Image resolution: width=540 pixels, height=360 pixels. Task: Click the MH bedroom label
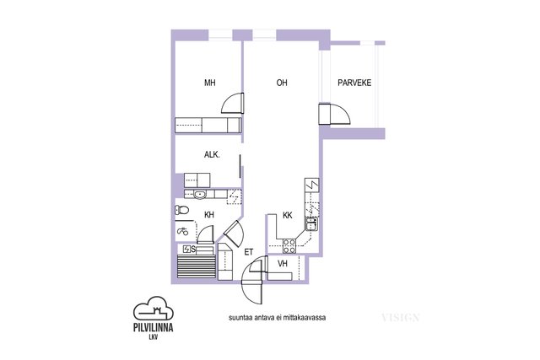click(x=210, y=83)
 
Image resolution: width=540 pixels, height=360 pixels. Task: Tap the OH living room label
click(x=282, y=83)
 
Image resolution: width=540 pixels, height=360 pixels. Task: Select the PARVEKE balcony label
click(x=354, y=83)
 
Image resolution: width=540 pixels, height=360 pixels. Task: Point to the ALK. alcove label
click(x=212, y=155)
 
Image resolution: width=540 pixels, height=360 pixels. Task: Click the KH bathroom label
click(x=209, y=215)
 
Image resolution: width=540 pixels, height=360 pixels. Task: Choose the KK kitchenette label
click(x=287, y=216)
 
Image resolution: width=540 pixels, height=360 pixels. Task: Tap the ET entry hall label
click(x=248, y=252)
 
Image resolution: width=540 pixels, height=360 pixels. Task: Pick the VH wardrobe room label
click(x=283, y=264)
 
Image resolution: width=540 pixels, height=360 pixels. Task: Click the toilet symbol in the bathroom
click(x=181, y=210)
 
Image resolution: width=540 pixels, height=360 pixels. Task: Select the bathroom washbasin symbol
click(x=199, y=195)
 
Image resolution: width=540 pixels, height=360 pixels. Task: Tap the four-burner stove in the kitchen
click(x=289, y=245)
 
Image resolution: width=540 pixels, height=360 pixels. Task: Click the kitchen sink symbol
click(x=311, y=224)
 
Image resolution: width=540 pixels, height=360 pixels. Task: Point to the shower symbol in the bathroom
click(x=182, y=231)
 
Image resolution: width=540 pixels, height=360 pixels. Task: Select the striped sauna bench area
click(x=197, y=266)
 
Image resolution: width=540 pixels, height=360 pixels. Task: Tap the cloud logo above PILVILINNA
click(x=154, y=308)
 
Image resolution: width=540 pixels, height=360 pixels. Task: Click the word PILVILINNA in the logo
click(x=154, y=327)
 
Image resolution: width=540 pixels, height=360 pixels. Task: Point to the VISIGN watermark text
click(x=400, y=317)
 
